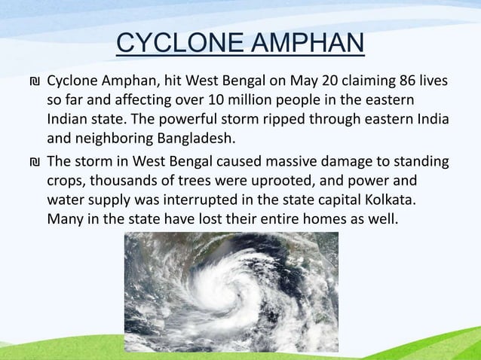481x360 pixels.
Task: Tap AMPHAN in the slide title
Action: point(304,45)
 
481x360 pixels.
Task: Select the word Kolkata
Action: point(390,200)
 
